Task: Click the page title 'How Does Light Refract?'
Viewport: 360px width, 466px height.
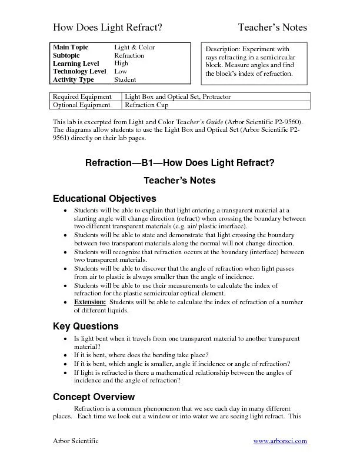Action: tap(108, 27)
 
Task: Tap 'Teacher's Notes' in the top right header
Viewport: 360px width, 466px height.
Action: tap(272, 27)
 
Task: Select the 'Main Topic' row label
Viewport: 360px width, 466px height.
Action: tap(69, 47)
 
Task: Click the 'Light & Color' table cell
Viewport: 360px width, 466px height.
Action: tap(135, 47)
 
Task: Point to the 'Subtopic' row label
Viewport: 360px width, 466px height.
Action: tap(66, 55)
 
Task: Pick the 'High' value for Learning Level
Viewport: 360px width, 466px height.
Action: tap(121, 64)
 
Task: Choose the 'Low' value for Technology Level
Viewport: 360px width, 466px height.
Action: tap(121, 71)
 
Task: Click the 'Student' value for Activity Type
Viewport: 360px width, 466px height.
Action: tap(125, 79)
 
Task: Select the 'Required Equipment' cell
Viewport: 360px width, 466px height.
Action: tap(82, 96)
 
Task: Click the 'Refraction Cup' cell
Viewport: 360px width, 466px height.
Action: tap(146, 105)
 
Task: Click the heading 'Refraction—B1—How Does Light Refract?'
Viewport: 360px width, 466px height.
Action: tap(179, 162)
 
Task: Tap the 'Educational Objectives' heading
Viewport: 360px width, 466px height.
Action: tap(105, 198)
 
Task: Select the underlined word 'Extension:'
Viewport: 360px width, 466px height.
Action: tap(90, 301)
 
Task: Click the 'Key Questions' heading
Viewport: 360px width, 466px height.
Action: tap(86, 326)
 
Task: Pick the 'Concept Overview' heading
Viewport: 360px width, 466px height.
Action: tap(94, 397)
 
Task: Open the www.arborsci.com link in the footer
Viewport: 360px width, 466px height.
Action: tap(280, 441)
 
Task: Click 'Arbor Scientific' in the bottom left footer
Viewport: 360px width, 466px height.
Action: tap(76, 441)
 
